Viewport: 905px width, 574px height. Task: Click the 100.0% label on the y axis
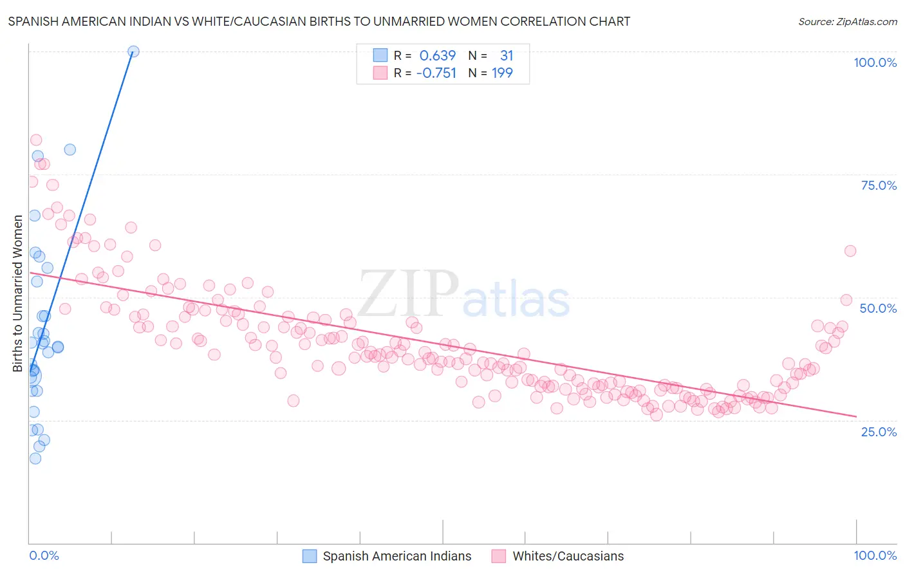coord(875,62)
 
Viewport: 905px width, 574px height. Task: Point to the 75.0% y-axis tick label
coord(879,185)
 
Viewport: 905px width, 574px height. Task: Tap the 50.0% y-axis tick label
coord(878,308)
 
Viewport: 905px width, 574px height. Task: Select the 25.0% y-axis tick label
coord(879,431)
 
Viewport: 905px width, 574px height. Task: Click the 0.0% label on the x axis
coord(44,555)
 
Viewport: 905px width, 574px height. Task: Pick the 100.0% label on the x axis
coord(875,555)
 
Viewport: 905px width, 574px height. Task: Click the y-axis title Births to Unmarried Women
coord(17,293)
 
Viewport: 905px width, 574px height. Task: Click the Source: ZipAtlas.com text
coord(847,21)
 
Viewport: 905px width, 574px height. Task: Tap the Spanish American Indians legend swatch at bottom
coord(310,556)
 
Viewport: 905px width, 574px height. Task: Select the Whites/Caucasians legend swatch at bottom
coord(499,556)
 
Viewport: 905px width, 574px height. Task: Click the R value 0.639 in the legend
coord(437,55)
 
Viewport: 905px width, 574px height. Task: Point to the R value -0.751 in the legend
coord(436,73)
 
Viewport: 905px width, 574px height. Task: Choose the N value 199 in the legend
coord(502,73)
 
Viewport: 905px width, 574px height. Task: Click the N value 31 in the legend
coord(507,55)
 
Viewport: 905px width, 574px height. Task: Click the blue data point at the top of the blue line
coord(133,51)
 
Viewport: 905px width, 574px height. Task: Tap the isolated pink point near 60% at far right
coord(850,251)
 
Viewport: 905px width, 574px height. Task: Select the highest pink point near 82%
coord(36,140)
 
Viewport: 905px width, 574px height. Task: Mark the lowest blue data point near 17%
coord(35,458)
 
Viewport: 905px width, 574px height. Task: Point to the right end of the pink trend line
coord(856,416)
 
